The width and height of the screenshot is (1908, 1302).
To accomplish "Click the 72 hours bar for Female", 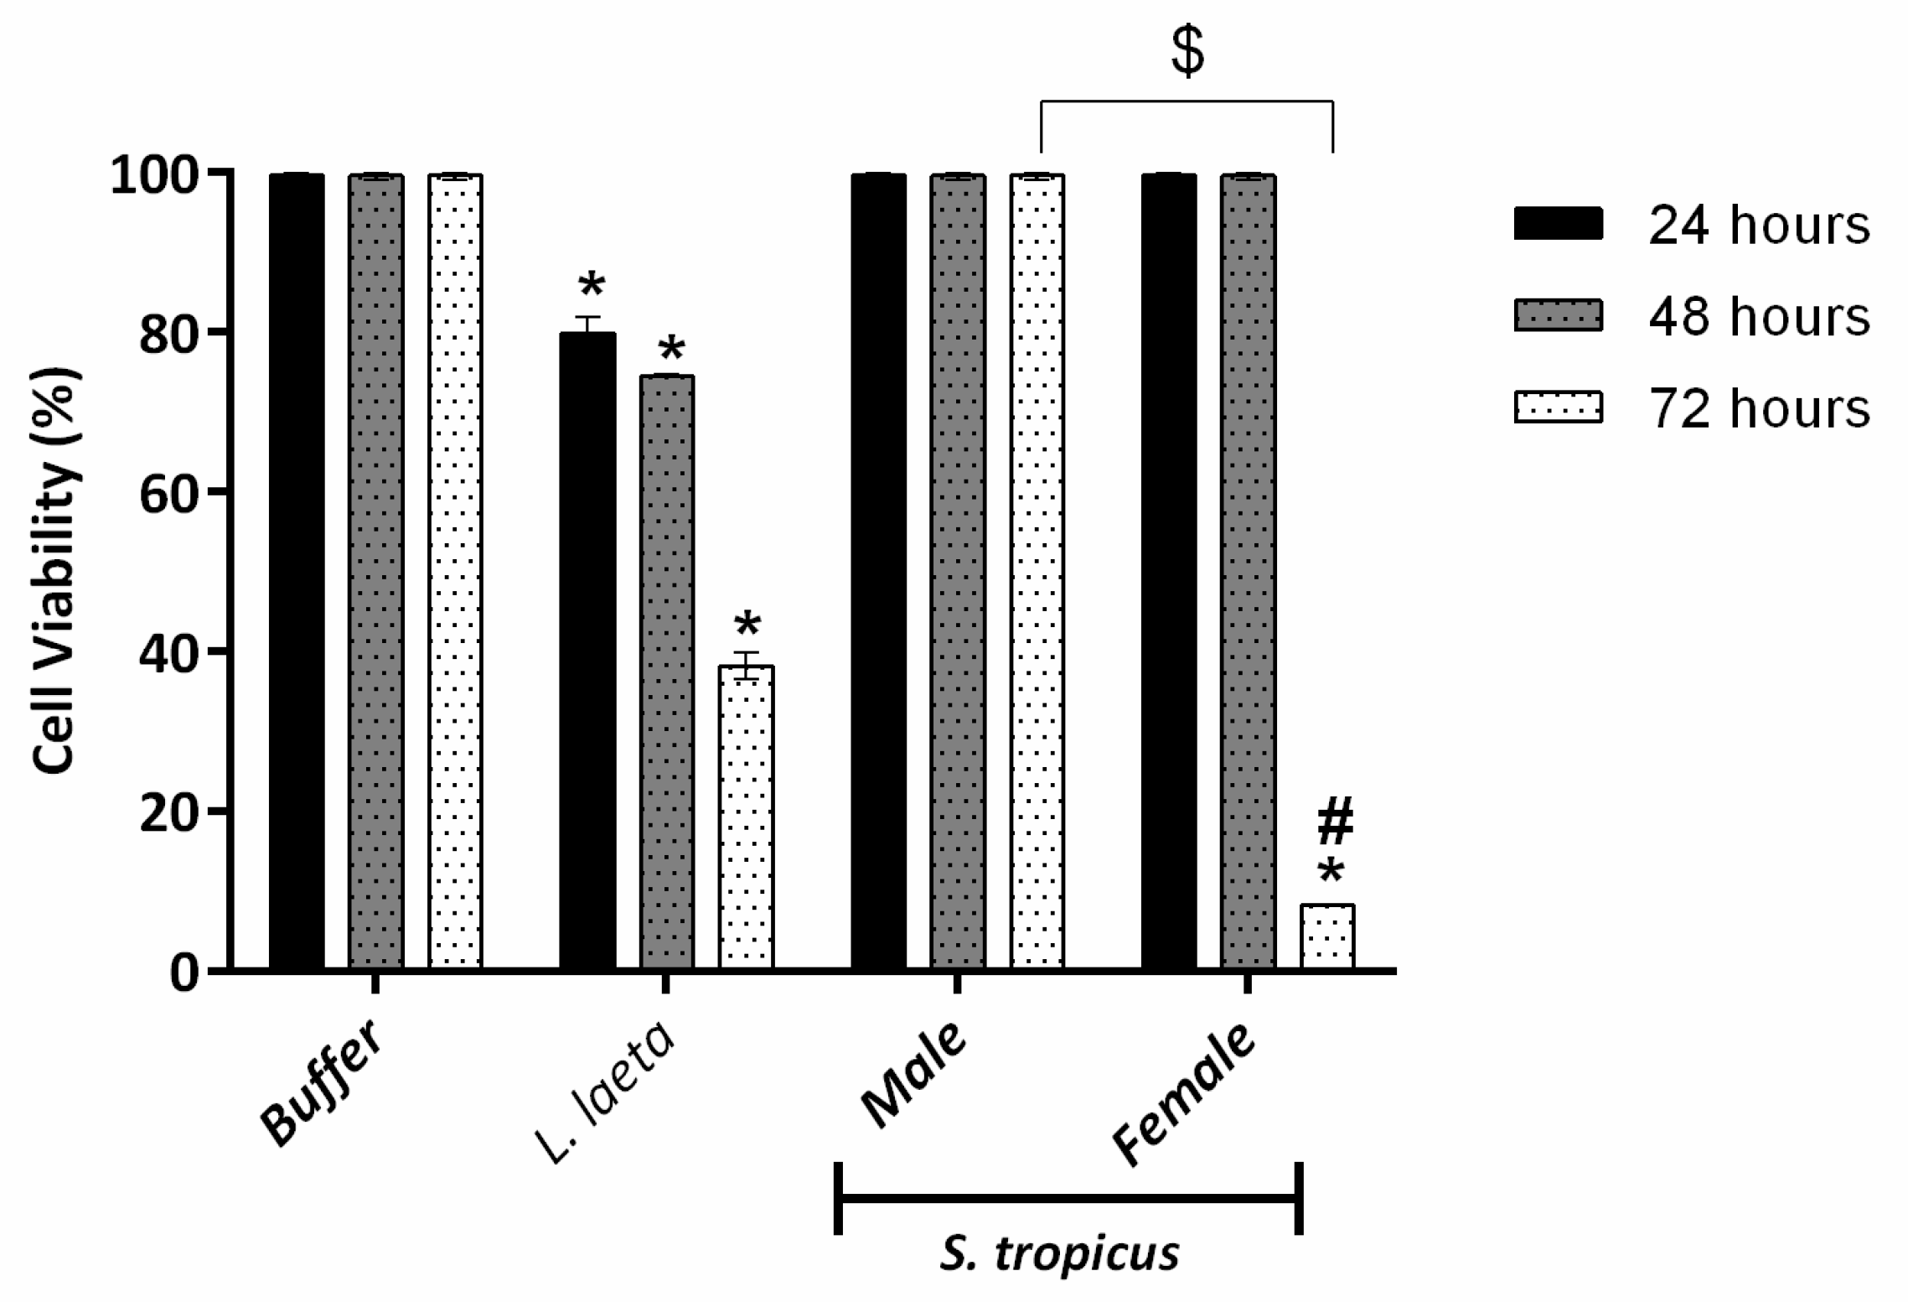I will pyautogui.click(x=1326, y=936).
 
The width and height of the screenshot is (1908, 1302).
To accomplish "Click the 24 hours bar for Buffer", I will pyautogui.click(x=297, y=571).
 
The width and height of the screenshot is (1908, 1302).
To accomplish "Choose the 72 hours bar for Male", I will pyautogui.click(x=1037, y=571).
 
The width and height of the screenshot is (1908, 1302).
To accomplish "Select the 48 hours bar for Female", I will pyautogui.click(x=1248, y=571).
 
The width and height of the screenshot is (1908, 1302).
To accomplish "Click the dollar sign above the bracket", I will pyautogui.click(x=1187, y=52).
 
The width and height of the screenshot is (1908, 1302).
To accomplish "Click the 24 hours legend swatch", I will pyautogui.click(x=1558, y=224).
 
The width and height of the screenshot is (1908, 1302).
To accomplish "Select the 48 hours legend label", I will pyautogui.click(x=1759, y=316).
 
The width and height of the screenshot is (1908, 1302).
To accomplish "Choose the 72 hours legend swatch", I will pyautogui.click(x=1558, y=407).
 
